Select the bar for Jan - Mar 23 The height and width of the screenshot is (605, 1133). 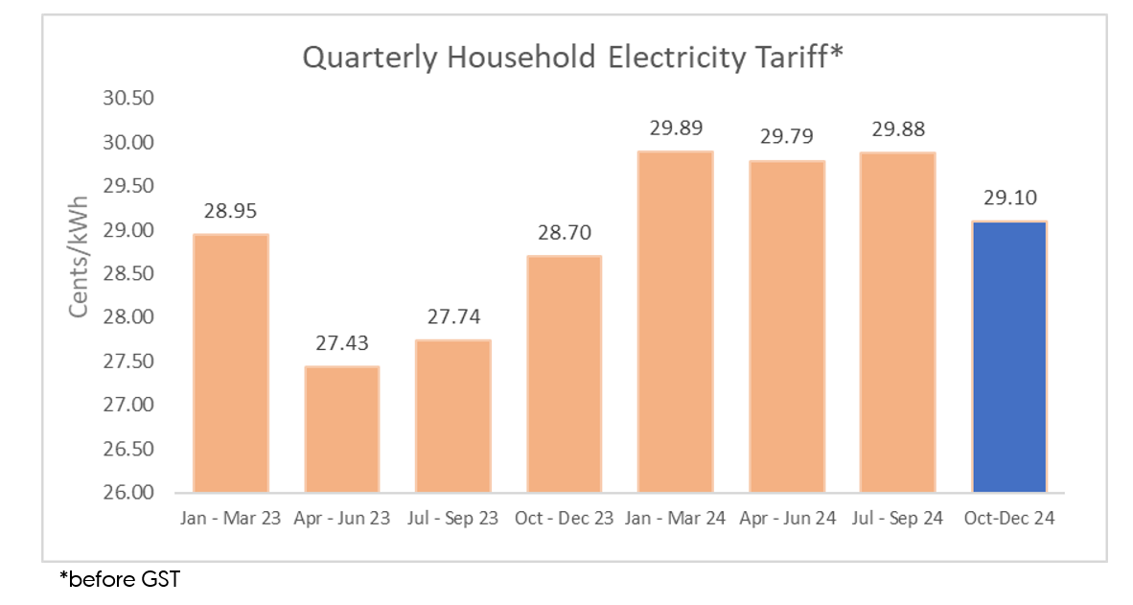231,363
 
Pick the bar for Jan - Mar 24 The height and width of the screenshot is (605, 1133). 676,322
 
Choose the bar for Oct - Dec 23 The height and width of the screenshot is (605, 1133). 565,374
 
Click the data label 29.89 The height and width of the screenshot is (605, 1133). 676,129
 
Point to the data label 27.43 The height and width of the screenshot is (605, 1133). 342,344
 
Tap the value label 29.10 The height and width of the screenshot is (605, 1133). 1008,198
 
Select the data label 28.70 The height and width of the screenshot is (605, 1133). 565,233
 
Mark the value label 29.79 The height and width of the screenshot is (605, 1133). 787,138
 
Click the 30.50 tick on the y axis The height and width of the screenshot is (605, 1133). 127,100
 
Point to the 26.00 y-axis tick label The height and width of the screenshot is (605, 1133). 127,493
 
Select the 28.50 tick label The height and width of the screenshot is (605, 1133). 127,274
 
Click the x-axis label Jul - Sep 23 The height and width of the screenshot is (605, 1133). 453,519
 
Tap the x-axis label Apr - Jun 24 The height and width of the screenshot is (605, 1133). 787,519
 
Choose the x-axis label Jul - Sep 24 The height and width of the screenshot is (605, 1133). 898,519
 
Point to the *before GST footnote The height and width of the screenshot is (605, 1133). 119,580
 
